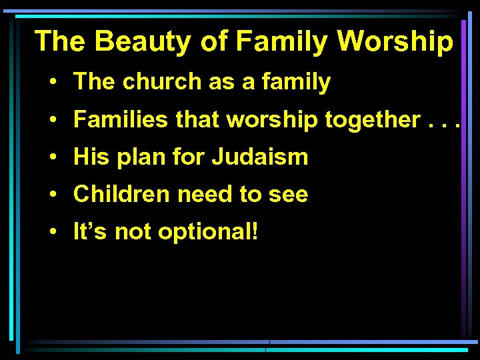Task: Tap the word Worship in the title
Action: click(x=395, y=41)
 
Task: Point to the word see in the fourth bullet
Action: click(x=288, y=195)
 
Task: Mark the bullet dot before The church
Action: click(x=52, y=83)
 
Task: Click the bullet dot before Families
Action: click(x=52, y=121)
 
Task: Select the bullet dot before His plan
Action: click(x=52, y=158)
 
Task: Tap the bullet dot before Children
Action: click(x=52, y=195)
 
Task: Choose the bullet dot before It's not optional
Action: click(x=52, y=233)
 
